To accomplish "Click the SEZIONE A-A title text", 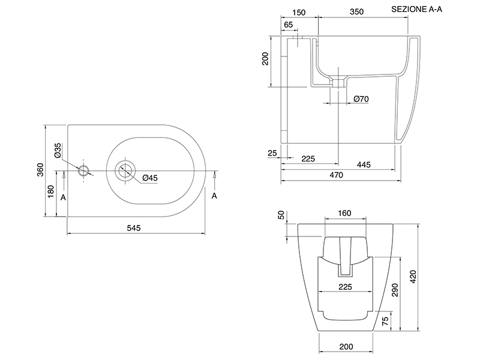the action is click(416, 9).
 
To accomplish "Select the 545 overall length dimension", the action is click(134, 228).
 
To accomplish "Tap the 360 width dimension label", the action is click(40, 170).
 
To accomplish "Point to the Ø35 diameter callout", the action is click(58, 151).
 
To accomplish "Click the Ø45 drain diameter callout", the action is click(150, 178).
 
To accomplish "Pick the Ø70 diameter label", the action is click(361, 99).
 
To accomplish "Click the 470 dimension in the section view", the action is click(336, 175).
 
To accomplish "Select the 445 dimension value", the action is click(364, 164).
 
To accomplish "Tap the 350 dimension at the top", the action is click(356, 11).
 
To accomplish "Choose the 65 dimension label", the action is click(289, 25).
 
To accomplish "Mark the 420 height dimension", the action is click(413, 277).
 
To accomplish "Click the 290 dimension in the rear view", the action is click(395, 290).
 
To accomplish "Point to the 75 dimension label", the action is click(385, 320).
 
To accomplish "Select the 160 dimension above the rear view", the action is click(344, 213).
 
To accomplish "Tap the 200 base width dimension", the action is click(346, 347).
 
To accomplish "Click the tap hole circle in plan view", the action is click(83, 170).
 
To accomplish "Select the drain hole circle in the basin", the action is click(125, 170).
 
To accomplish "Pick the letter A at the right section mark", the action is click(214, 196).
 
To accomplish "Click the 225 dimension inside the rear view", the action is click(345, 287).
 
